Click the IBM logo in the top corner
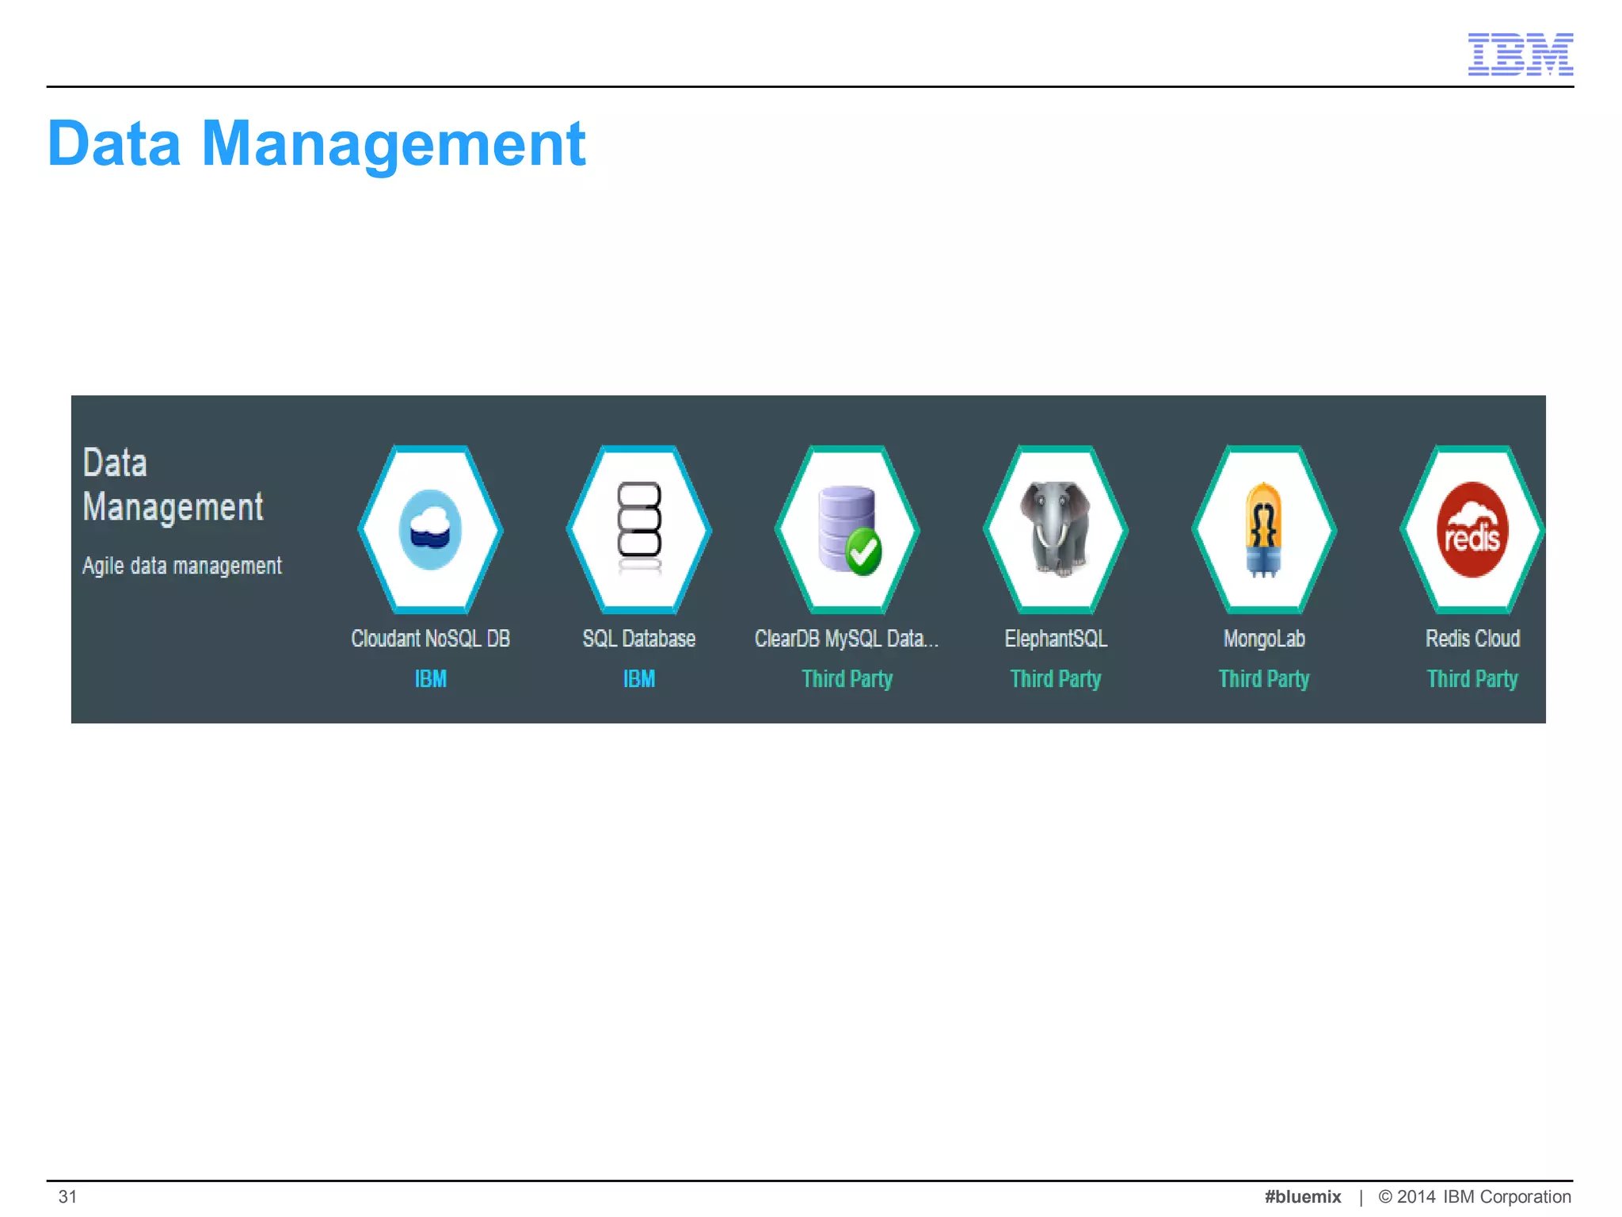click(x=1520, y=54)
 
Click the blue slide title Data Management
click(x=316, y=143)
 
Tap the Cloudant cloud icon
click(x=431, y=529)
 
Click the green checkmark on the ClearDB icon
click(x=863, y=551)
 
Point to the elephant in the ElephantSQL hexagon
click(x=1056, y=527)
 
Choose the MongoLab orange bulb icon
click(x=1264, y=528)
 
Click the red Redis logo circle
click(x=1472, y=529)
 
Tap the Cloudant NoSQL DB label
click(x=431, y=639)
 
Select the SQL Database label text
click(x=639, y=639)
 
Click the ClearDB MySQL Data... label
click(x=847, y=639)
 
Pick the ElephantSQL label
click(x=1056, y=639)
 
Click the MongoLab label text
click(x=1264, y=639)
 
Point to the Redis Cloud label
click(x=1472, y=639)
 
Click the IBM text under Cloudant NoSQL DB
click(x=431, y=679)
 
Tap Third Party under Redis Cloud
click(x=1472, y=679)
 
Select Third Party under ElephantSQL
click(x=1056, y=679)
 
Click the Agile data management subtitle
click(x=182, y=566)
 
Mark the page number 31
click(x=68, y=1196)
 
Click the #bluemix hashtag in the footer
click(x=1303, y=1196)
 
